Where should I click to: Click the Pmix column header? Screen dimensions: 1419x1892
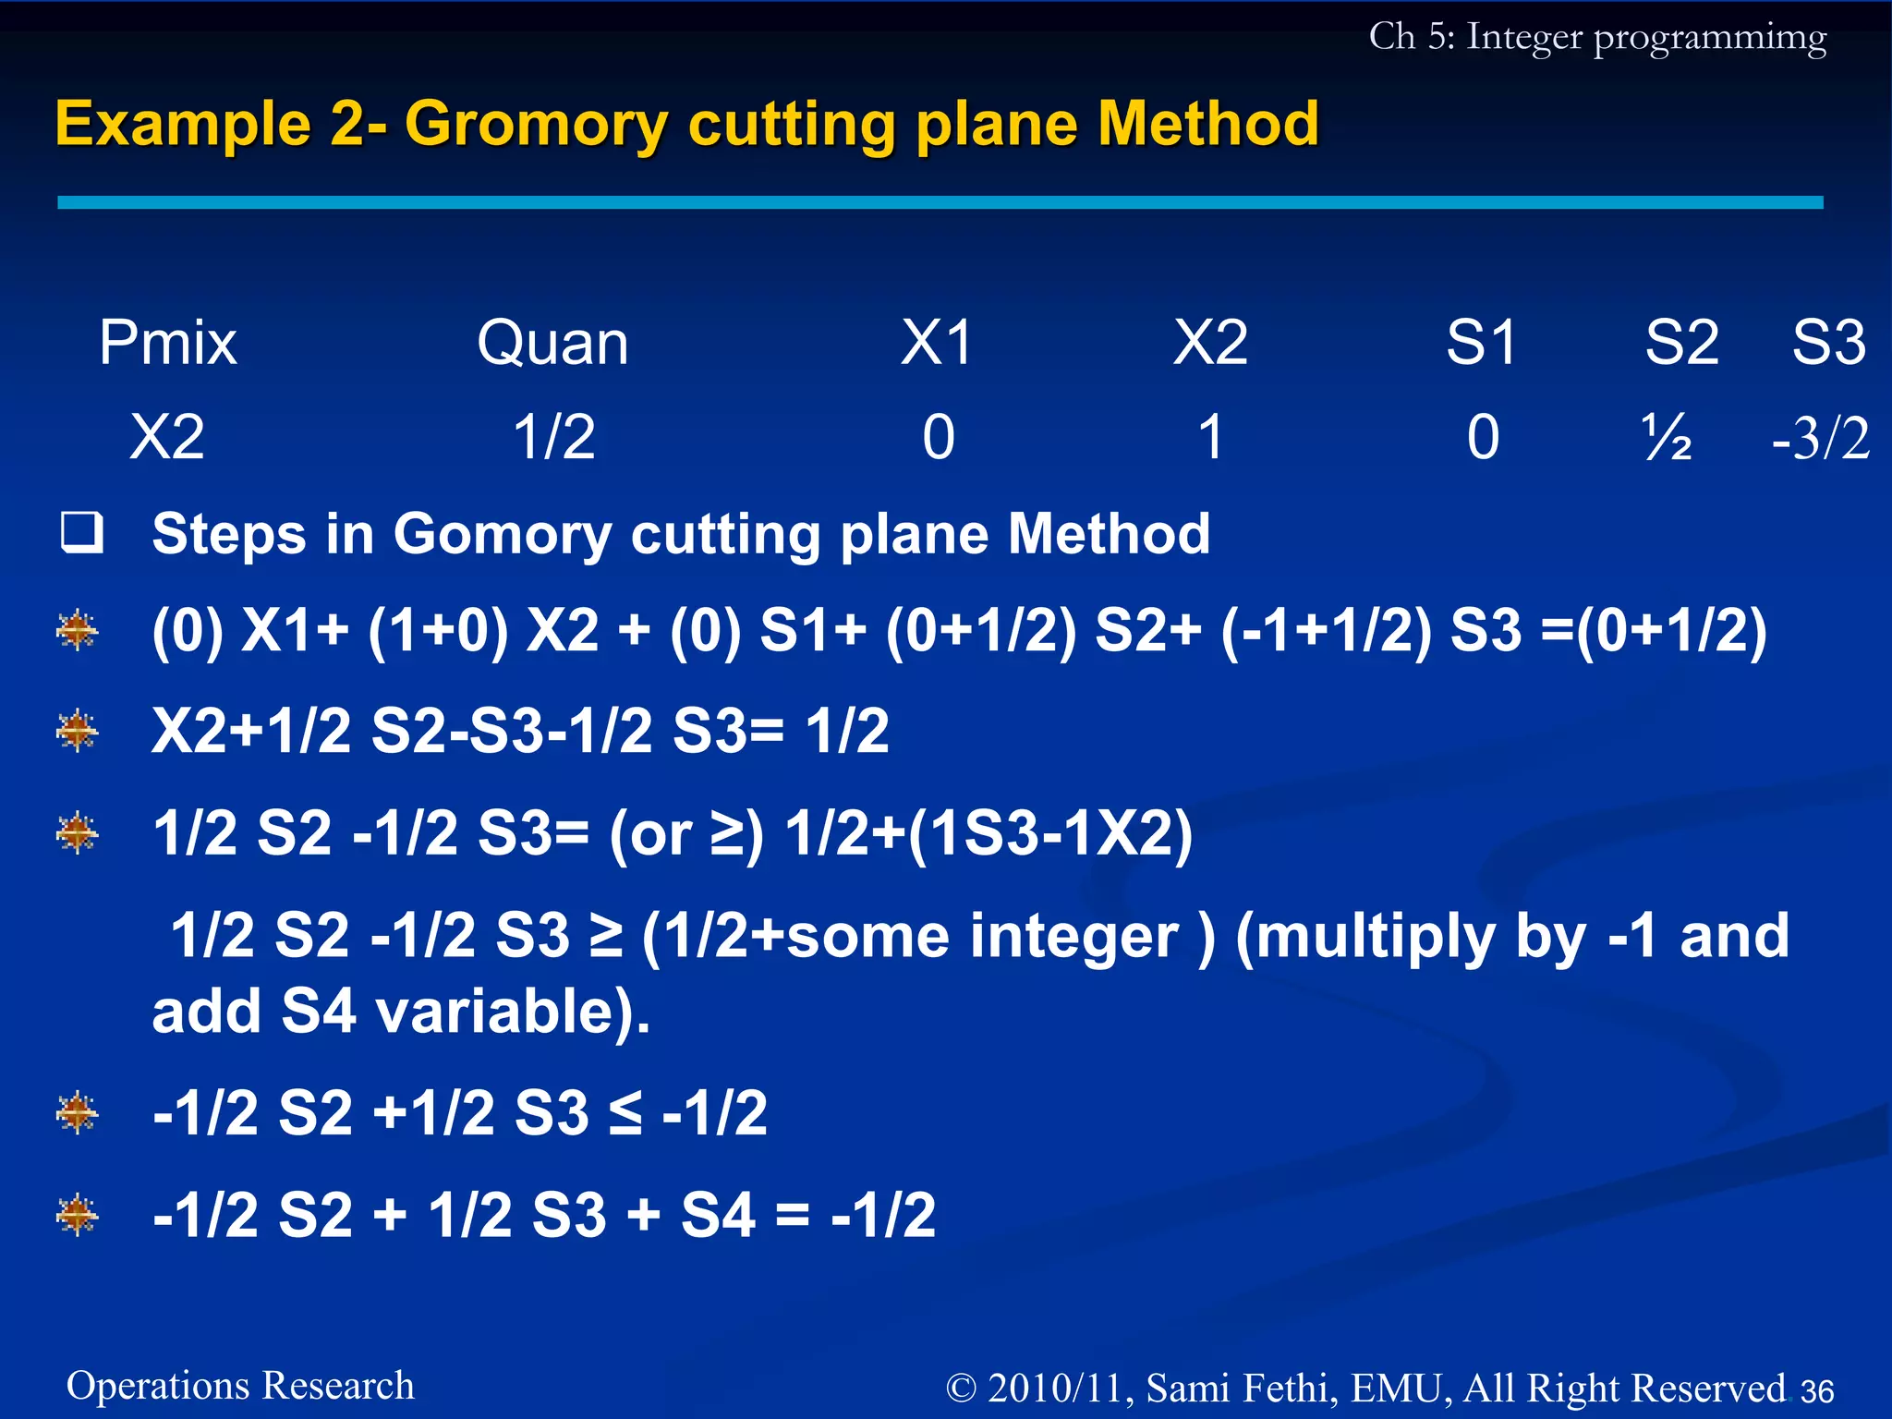[167, 343]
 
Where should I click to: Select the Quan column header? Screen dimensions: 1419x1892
[552, 343]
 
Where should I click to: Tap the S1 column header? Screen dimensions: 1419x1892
[1481, 343]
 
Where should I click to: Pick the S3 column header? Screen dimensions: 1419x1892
[1828, 343]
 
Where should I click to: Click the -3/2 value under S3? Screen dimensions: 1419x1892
[1820, 438]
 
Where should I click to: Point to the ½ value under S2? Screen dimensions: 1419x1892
[1667, 438]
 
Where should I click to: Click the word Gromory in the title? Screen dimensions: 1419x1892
[536, 125]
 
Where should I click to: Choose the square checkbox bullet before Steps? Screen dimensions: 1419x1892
[81, 532]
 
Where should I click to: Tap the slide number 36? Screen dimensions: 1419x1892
[1816, 1391]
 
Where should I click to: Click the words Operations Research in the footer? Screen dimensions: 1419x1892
[240, 1386]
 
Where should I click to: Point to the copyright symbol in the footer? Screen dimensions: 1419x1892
[962, 1389]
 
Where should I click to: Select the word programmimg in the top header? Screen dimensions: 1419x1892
[1709, 39]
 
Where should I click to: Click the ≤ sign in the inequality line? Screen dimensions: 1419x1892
[625, 1112]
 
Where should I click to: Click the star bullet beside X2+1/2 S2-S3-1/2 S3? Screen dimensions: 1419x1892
[77, 732]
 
